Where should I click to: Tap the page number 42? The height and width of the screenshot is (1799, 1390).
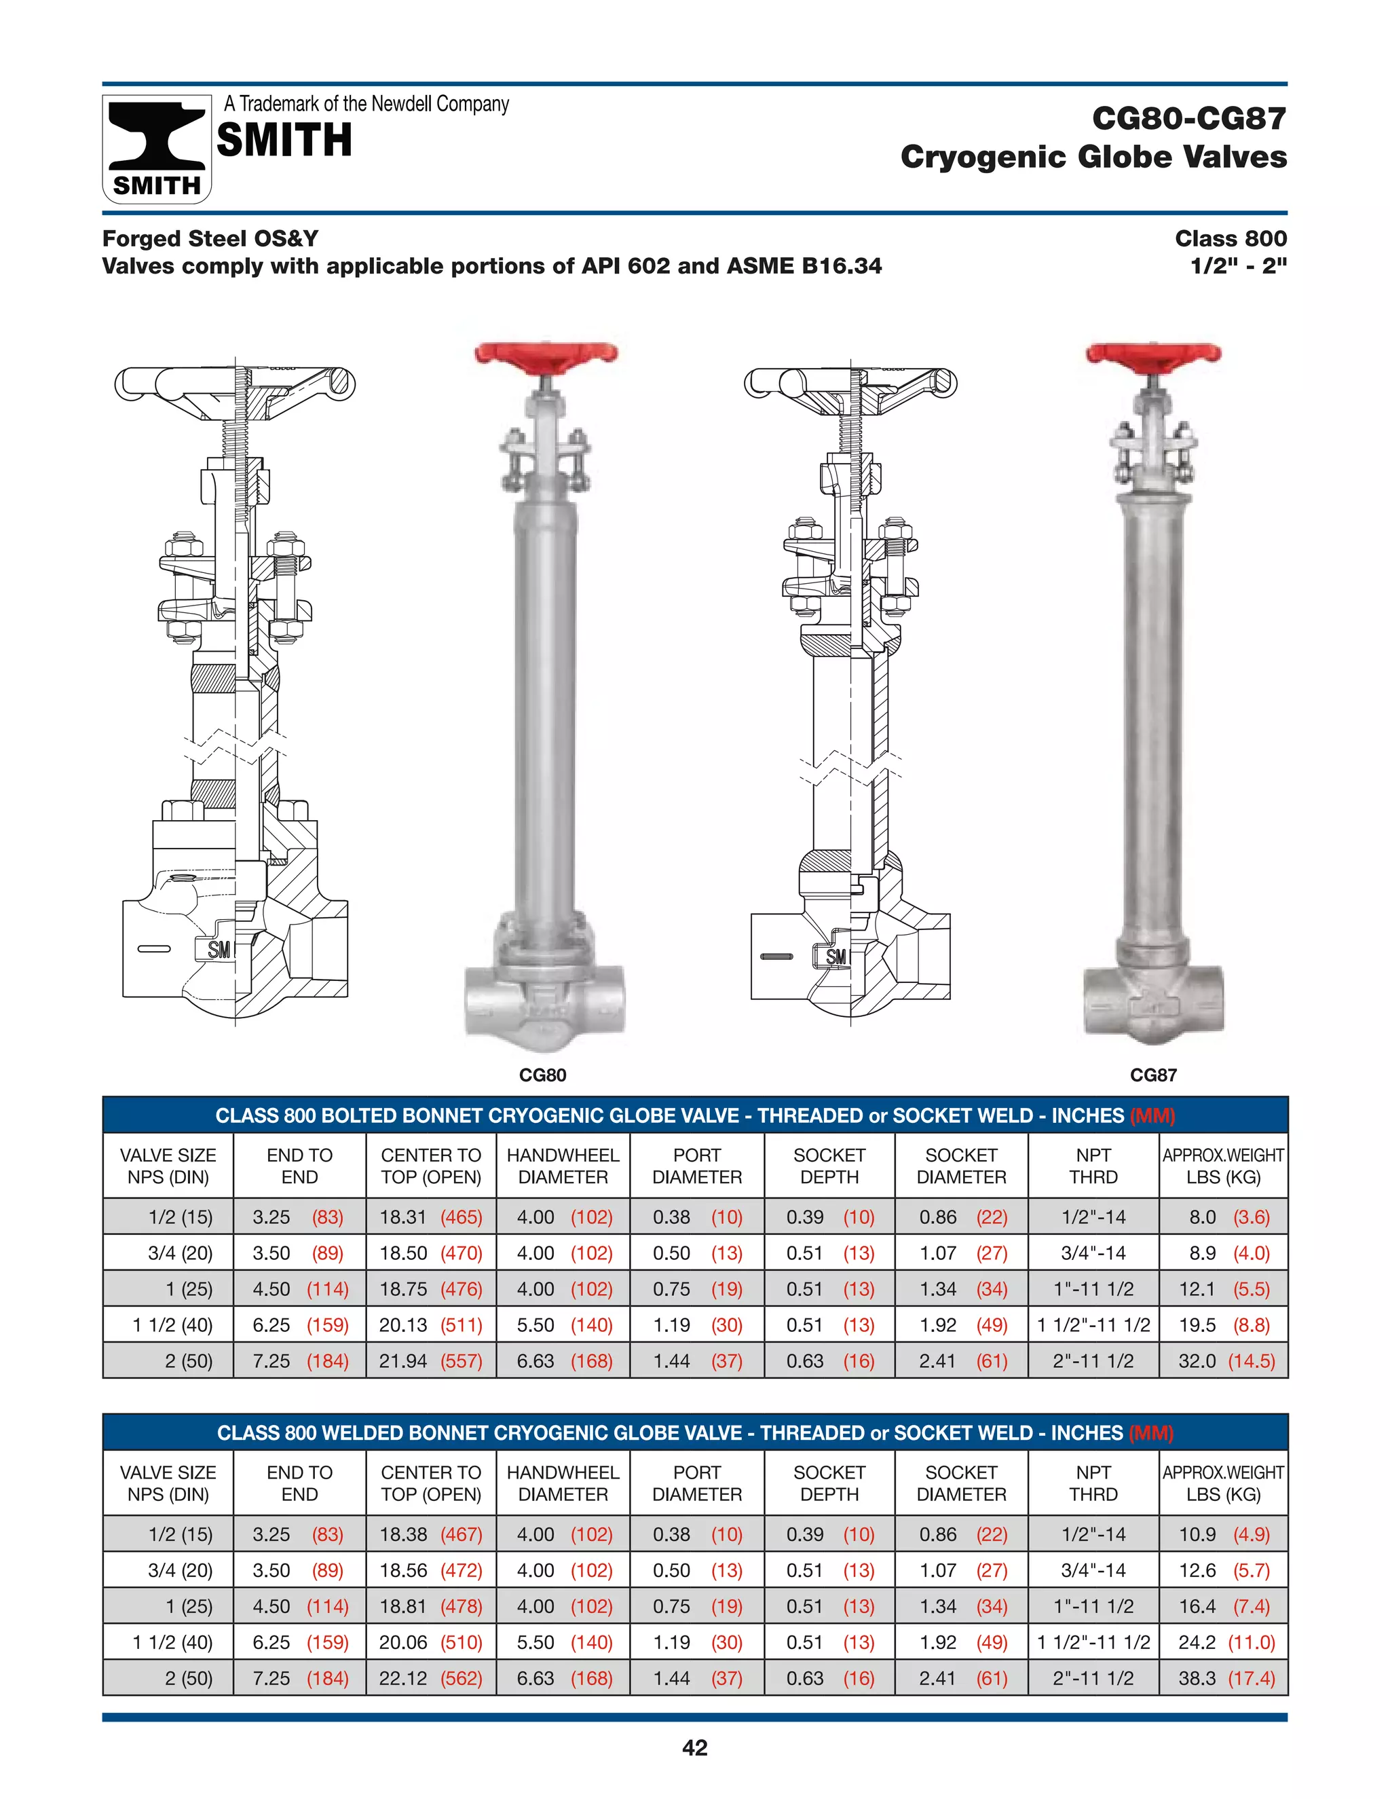click(694, 1747)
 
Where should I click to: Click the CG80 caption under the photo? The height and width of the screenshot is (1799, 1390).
click(543, 1075)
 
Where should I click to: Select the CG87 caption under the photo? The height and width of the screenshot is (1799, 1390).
click(1153, 1075)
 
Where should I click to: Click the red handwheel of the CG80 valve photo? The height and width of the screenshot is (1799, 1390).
click(545, 355)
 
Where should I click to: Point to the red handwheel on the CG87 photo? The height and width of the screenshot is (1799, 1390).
click(1154, 355)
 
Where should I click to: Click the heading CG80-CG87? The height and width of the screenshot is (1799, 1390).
click(1188, 119)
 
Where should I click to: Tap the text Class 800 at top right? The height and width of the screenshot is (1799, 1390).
click(1231, 239)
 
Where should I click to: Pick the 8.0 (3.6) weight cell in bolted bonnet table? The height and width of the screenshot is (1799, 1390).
click(1223, 1217)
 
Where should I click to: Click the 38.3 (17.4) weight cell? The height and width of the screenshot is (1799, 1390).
click(1223, 1678)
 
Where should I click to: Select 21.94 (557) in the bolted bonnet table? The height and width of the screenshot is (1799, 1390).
click(431, 1360)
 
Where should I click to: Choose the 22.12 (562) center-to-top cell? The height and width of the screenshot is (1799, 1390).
click(431, 1678)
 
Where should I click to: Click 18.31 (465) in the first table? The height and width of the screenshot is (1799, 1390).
click(431, 1217)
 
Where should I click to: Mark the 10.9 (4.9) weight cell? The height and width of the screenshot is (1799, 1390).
click(1223, 1534)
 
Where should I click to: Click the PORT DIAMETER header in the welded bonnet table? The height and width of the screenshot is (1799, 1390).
click(696, 1483)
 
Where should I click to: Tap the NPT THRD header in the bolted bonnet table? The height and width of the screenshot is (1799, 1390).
click(1093, 1166)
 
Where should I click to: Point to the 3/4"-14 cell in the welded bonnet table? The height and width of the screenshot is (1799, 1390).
click(1093, 1570)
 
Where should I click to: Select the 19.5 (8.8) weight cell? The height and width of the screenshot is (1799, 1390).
click(1223, 1324)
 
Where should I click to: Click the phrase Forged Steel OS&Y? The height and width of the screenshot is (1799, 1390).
click(210, 239)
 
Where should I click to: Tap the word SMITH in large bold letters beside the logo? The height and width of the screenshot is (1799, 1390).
click(284, 140)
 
